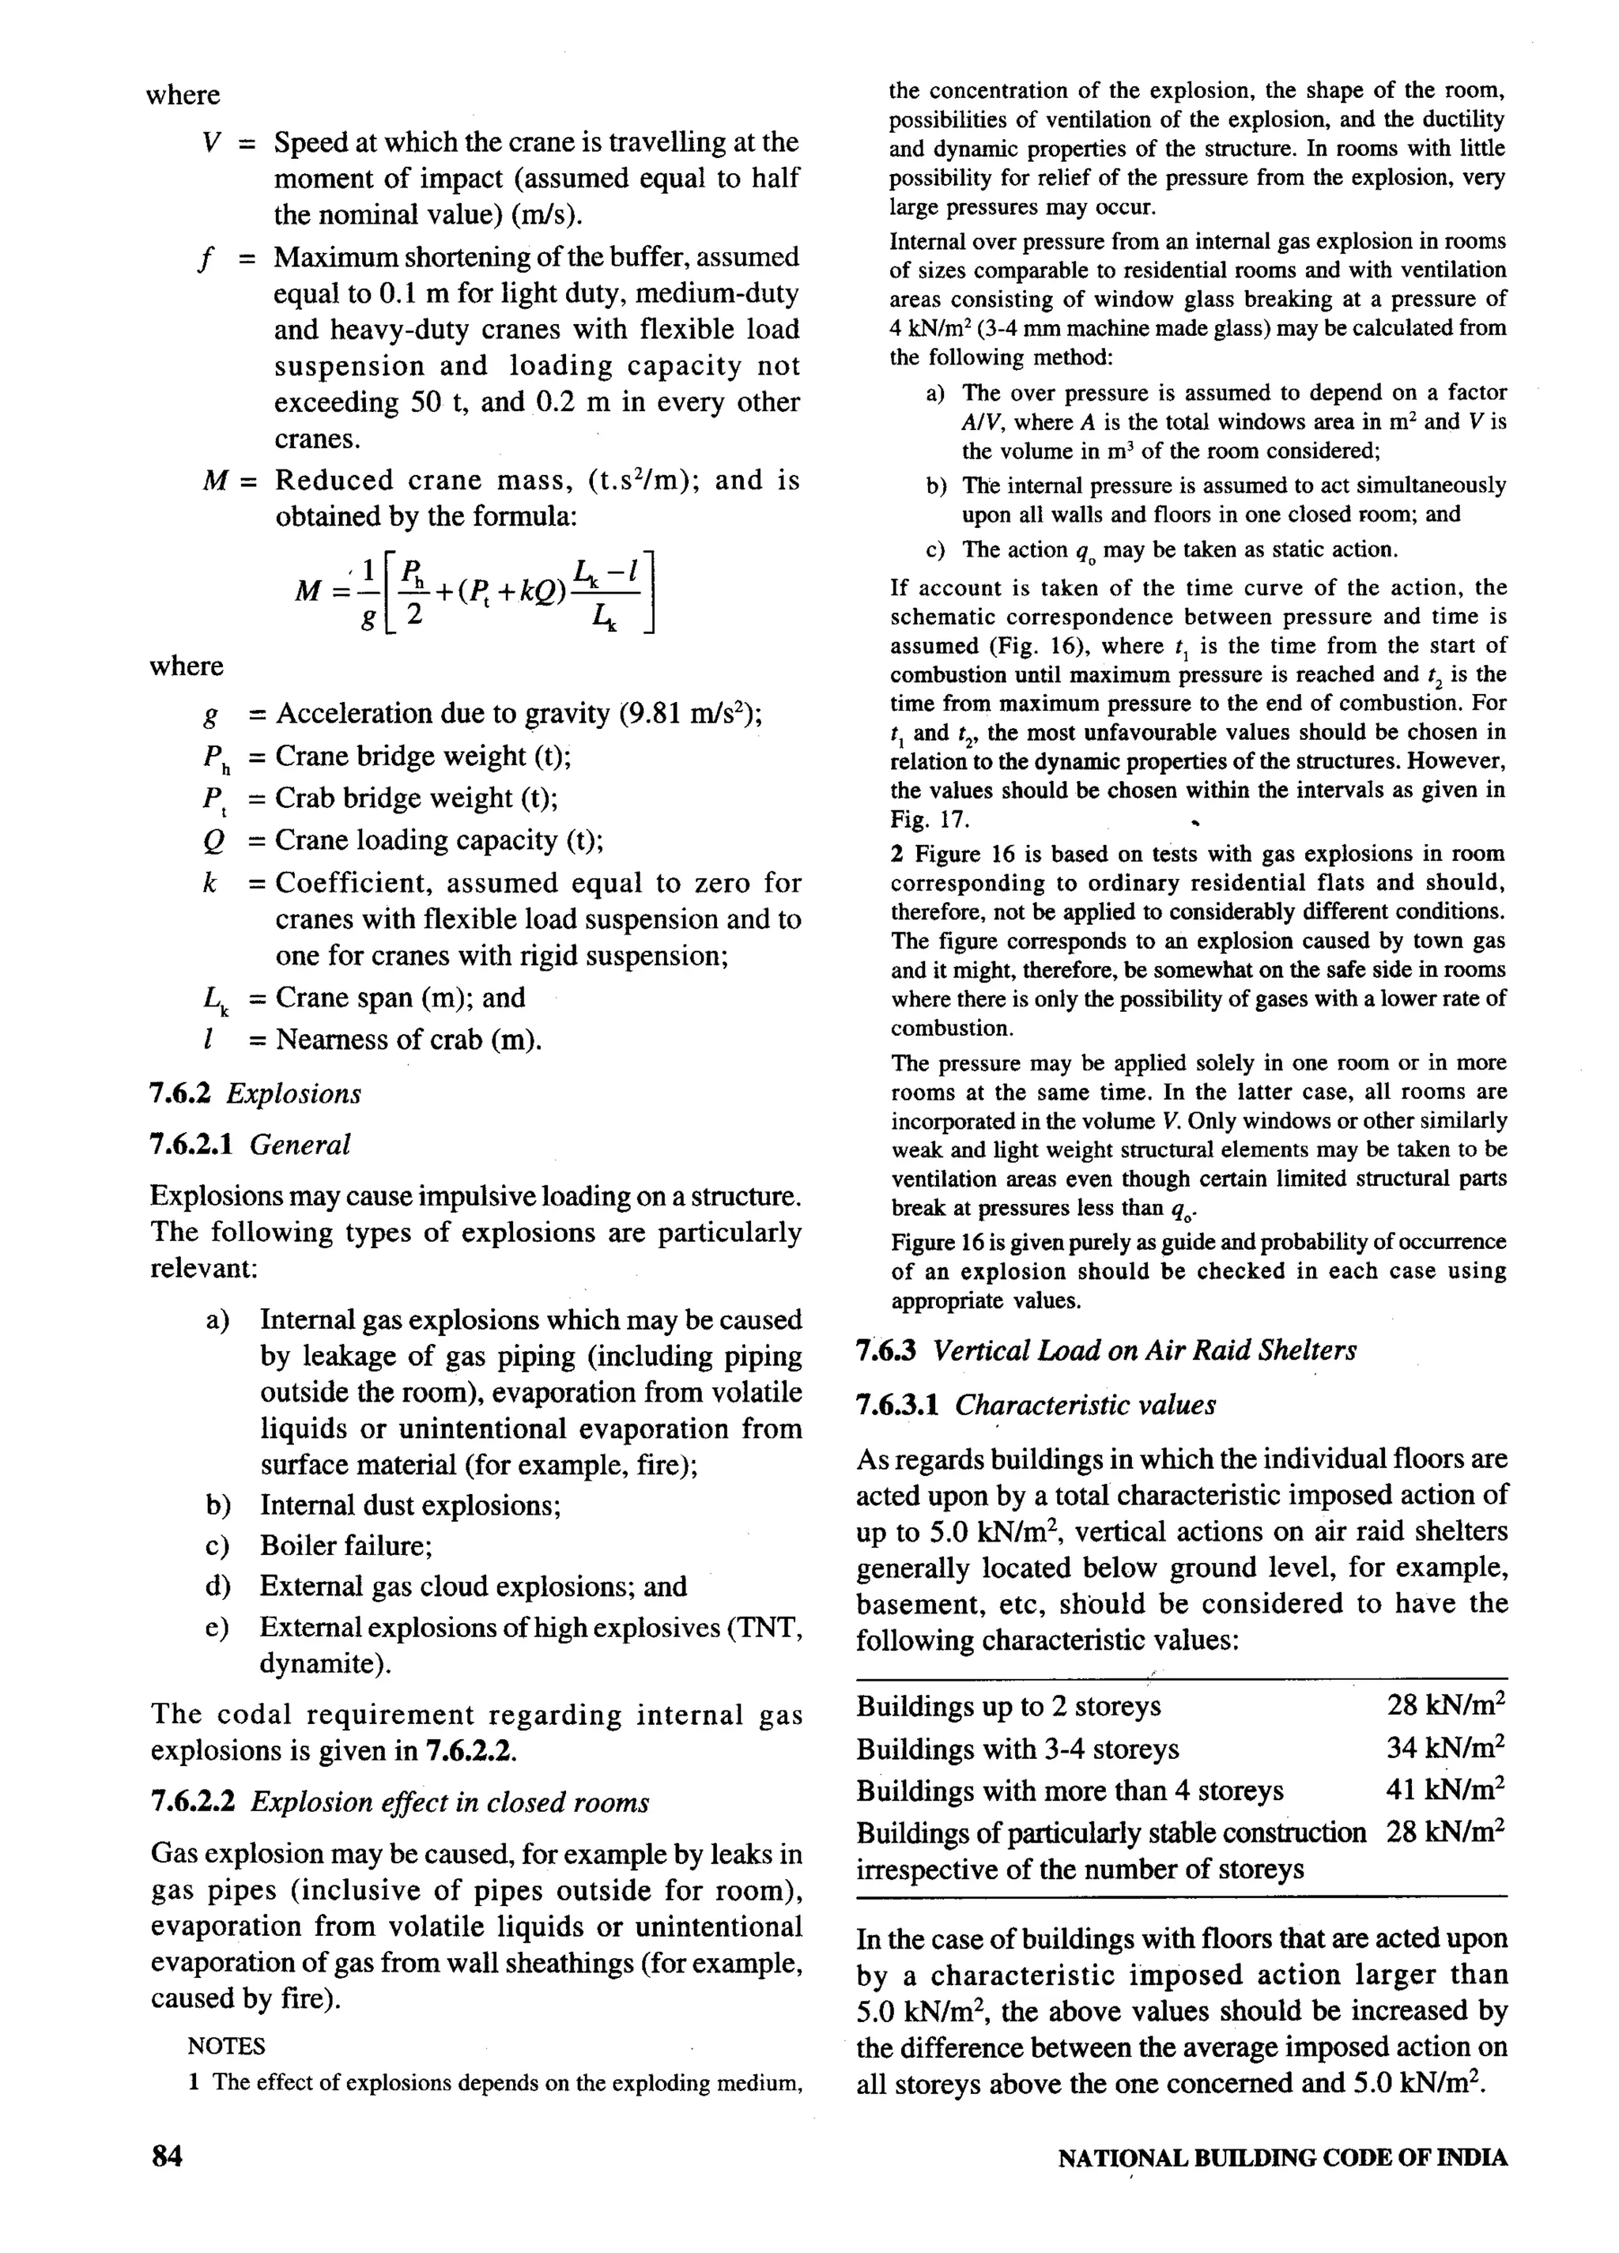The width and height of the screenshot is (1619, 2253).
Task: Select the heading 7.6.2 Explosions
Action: click(255, 1094)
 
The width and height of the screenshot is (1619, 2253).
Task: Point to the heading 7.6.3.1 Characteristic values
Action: click(1035, 1405)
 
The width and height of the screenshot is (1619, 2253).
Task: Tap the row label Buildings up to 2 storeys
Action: click(1008, 1706)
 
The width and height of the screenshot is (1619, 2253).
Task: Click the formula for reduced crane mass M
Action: click(476, 592)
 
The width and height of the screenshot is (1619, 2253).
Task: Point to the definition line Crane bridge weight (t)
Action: click(423, 757)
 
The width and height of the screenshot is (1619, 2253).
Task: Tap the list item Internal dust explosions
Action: click(410, 1505)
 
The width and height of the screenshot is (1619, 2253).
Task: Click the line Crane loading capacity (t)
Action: click(439, 840)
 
